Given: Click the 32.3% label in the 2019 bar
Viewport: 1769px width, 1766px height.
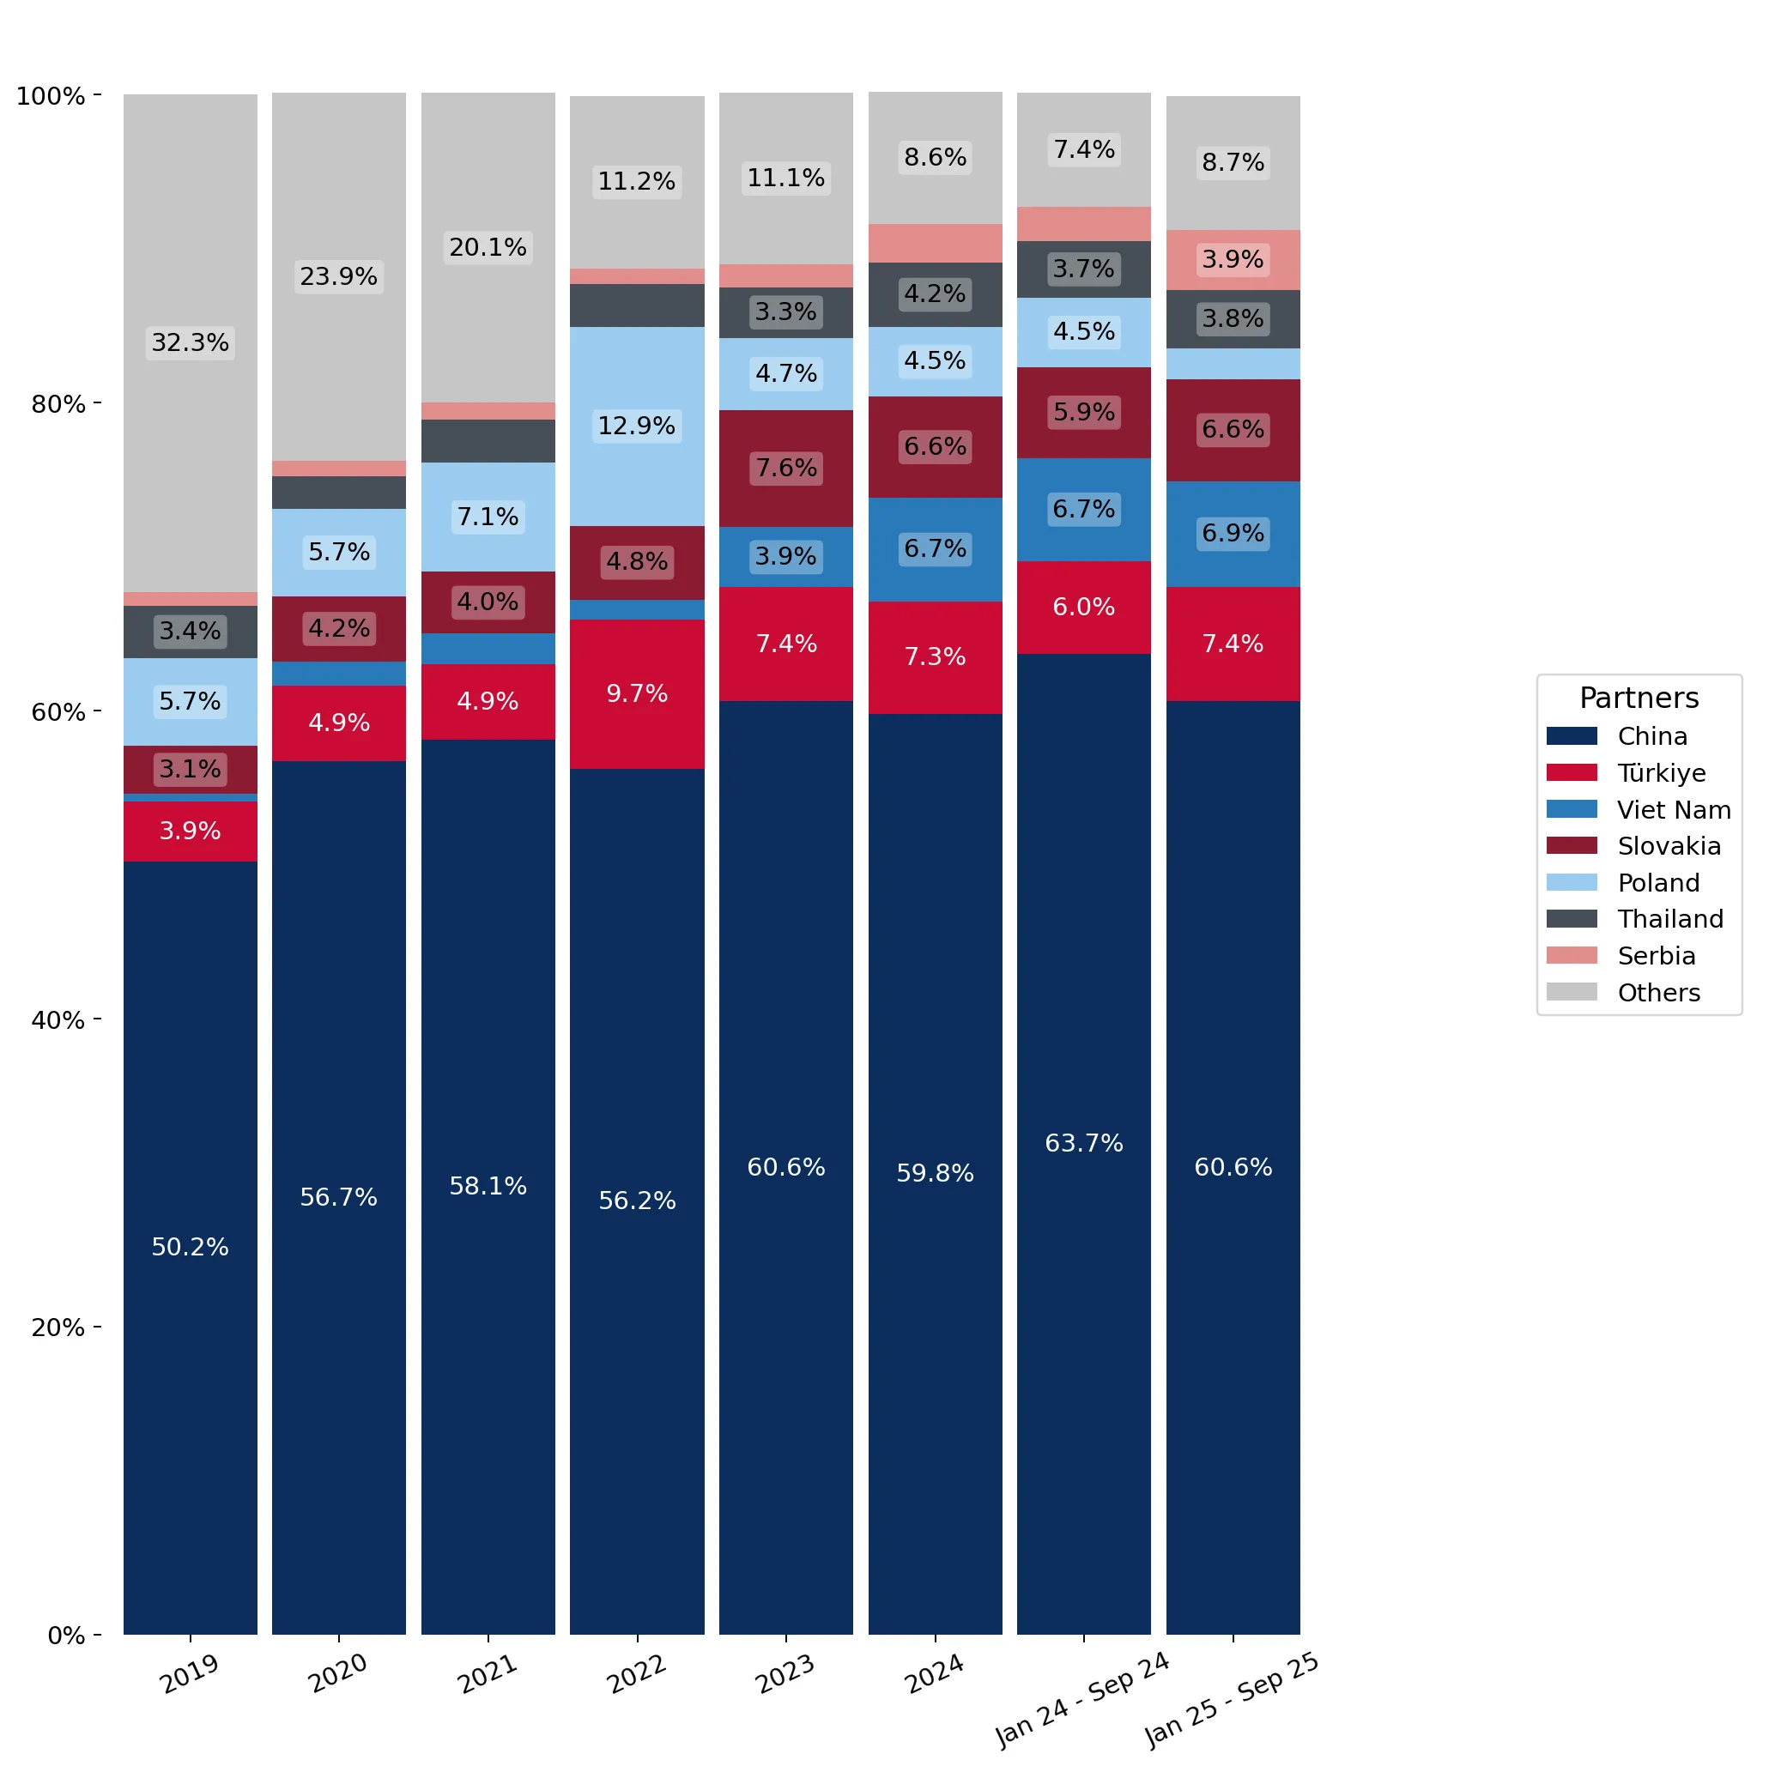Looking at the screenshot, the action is tap(191, 342).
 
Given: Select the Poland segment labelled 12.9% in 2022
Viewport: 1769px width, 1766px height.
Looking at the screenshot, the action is tap(637, 426).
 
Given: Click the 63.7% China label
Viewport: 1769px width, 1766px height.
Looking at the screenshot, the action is tap(1084, 1144).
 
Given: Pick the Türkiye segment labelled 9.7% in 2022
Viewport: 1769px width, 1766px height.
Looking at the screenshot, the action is tap(637, 694).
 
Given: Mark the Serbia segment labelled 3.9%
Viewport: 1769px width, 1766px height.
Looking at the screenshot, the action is tap(1233, 260).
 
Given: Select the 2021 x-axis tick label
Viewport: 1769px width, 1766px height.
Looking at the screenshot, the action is tap(488, 1673).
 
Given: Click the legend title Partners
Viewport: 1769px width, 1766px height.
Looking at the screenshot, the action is tap(1639, 699).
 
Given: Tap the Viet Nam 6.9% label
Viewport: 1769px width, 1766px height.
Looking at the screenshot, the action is tap(1233, 533).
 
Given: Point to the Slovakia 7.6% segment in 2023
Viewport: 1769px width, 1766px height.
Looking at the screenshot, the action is tap(786, 469).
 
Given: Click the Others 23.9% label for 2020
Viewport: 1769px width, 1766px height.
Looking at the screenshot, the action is tap(339, 276).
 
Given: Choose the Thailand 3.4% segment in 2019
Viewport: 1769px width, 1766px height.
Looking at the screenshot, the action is tap(191, 632).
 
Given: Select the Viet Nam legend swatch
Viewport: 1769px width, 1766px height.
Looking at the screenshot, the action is tap(1572, 809).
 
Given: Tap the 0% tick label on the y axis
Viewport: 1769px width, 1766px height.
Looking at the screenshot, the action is tap(66, 1635).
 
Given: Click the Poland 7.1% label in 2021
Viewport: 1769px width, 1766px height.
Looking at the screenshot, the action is tap(488, 517).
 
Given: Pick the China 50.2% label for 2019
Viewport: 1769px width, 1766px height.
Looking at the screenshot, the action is tap(191, 1247).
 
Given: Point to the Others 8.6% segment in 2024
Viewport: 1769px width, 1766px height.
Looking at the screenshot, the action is tap(935, 158).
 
